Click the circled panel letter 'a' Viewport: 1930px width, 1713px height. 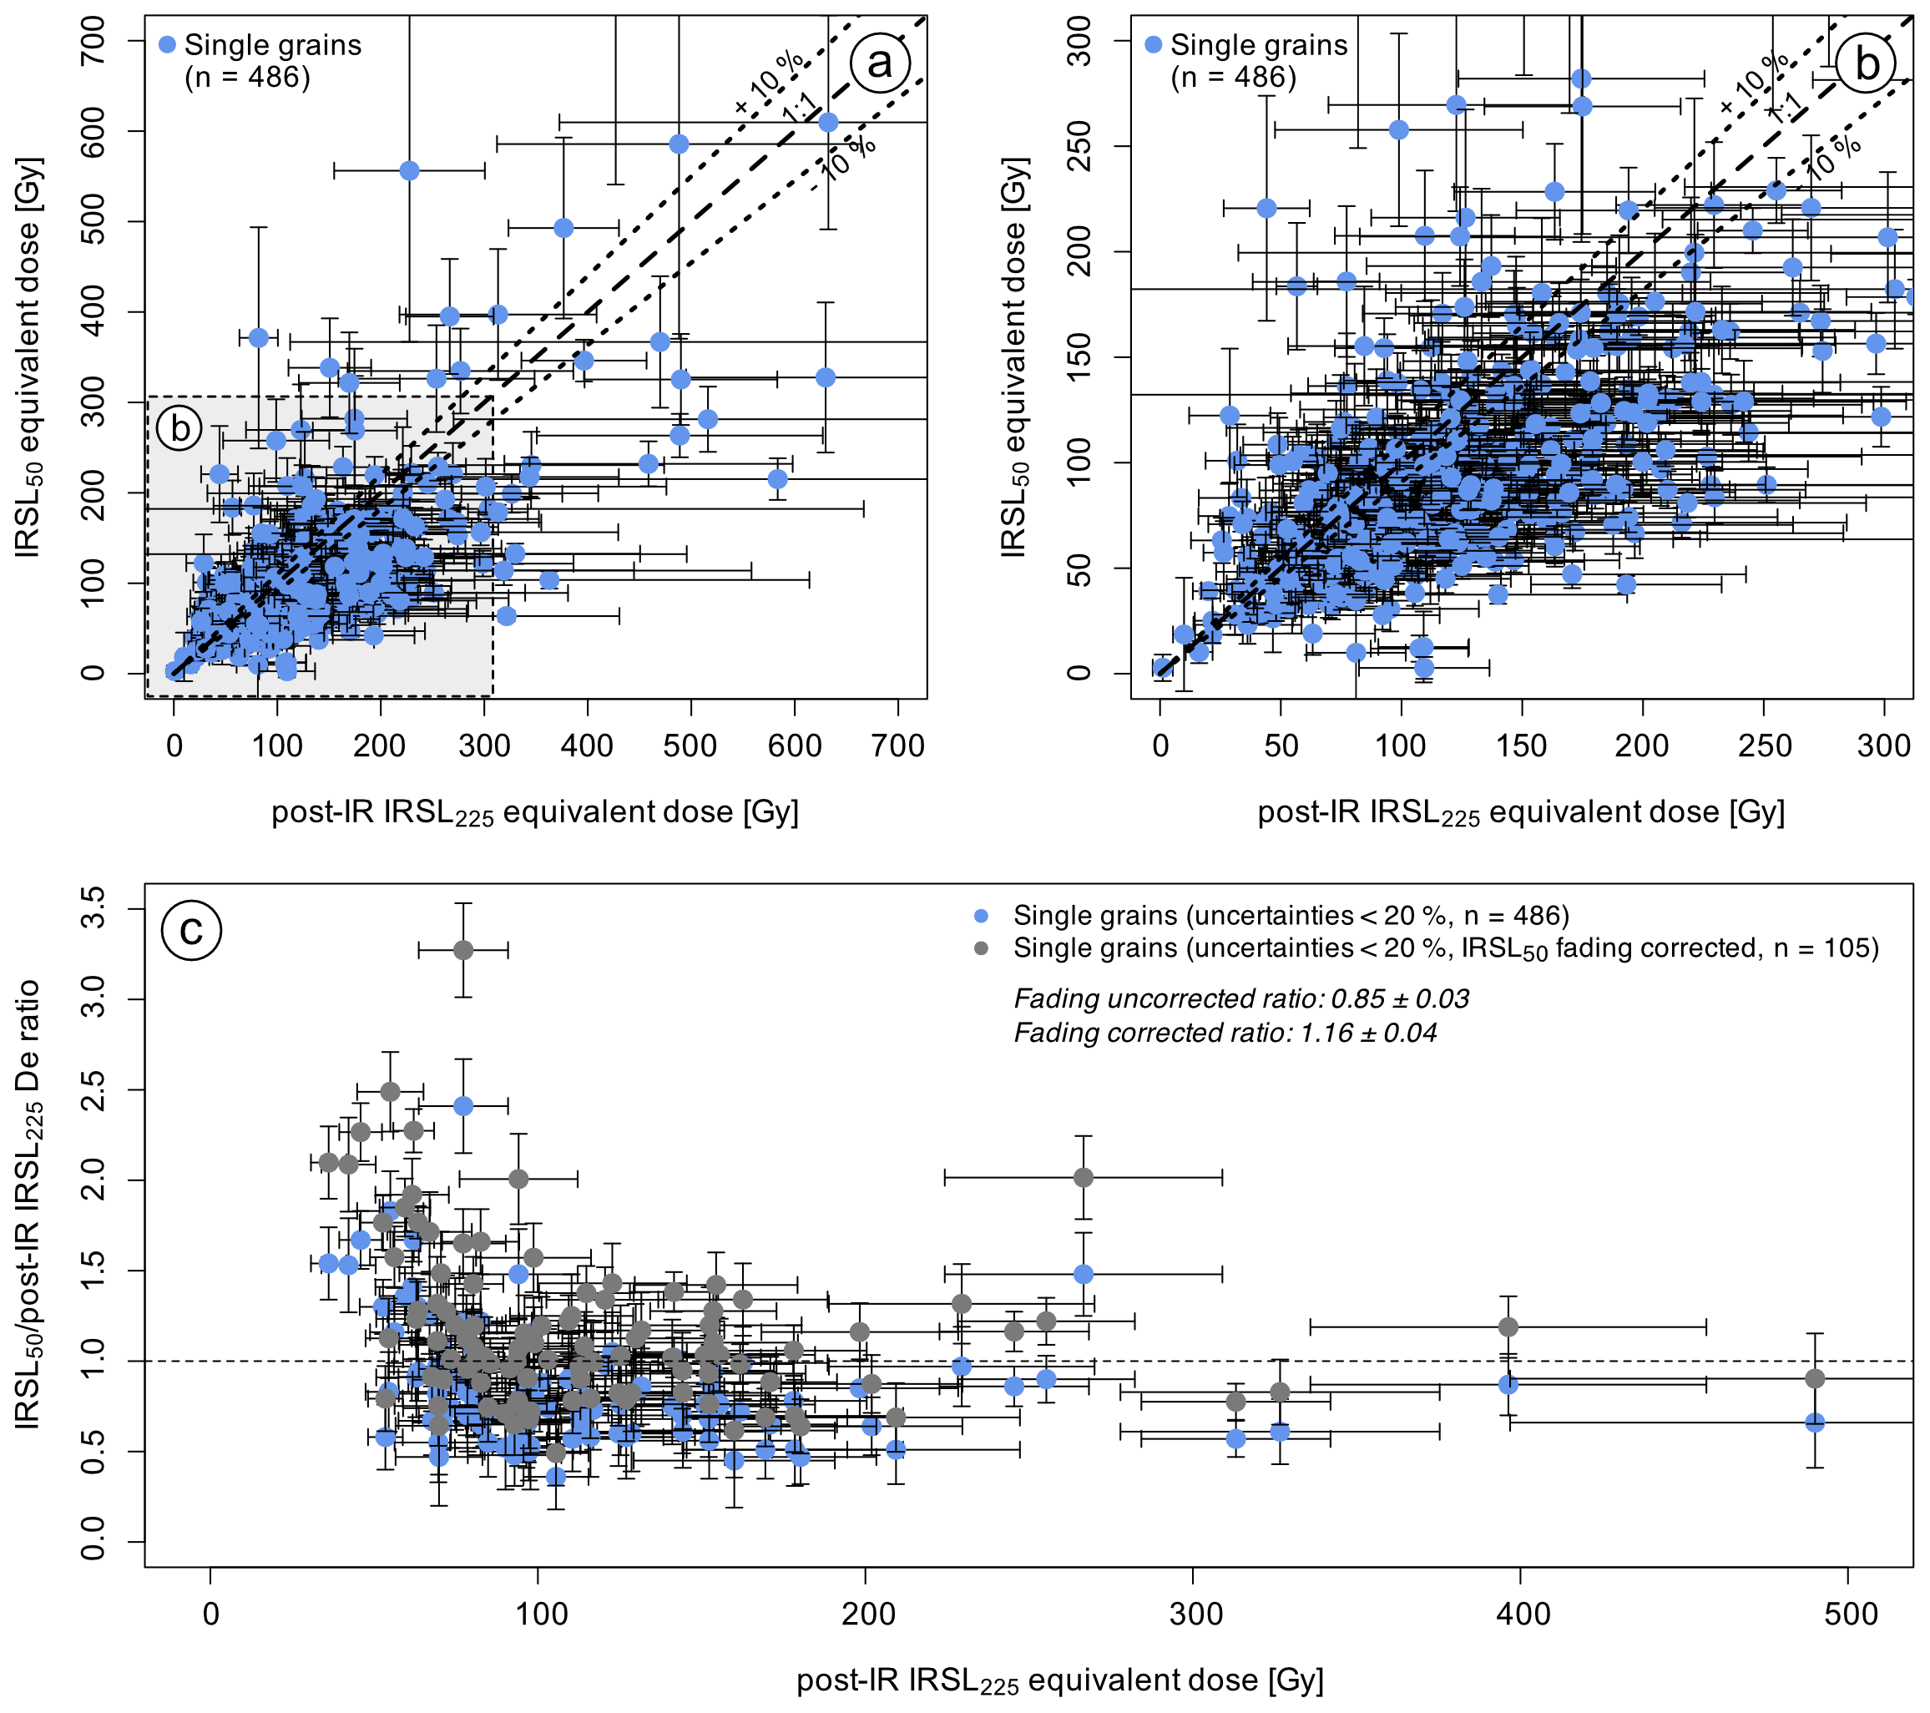coord(879,63)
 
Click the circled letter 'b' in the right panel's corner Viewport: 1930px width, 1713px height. coord(1867,63)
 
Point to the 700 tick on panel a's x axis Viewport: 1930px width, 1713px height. coord(898,746)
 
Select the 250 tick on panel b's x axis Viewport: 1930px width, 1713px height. coord(1764,746)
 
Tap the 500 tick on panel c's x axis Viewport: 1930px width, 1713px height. coord(1849,1614)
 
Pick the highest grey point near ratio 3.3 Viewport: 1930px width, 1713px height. coord(462,950)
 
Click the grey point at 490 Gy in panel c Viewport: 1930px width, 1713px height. coord(1815,1379)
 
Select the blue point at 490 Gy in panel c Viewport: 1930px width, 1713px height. coord(1815,1423)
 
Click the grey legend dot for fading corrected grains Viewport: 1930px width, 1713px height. coord(981,948)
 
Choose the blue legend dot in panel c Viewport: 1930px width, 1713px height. coord(981,916)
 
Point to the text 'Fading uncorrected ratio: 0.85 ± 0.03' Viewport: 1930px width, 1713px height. coord(1240,999)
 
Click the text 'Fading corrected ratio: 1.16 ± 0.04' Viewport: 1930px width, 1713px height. coord(1225,1033)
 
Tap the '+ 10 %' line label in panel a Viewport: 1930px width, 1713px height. coord(770,80)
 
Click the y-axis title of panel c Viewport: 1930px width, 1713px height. coord(28,1204)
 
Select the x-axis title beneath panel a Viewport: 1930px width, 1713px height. coord(534,813)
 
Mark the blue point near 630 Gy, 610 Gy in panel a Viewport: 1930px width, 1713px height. coord(828,123)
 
